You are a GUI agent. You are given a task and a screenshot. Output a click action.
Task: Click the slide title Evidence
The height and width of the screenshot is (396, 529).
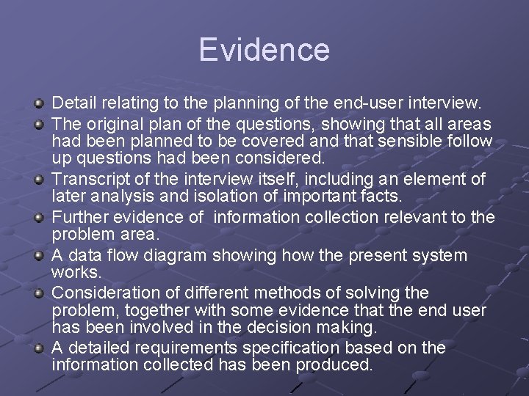click(264, 50)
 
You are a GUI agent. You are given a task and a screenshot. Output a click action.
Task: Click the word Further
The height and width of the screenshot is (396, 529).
click(79, 218)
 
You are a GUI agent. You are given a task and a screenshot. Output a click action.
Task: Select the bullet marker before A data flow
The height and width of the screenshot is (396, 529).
click(42, 257)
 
